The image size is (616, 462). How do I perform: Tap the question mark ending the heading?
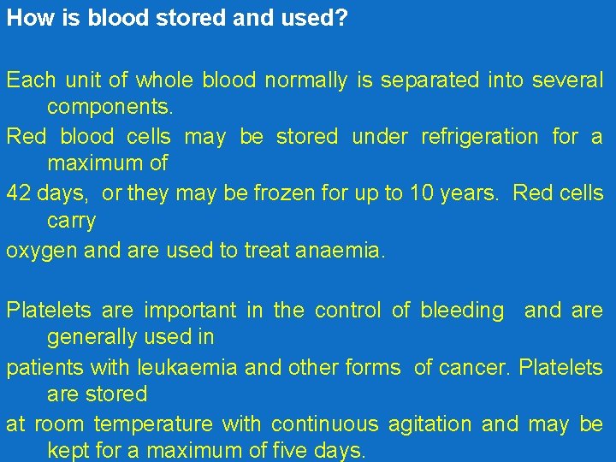pos(341,18)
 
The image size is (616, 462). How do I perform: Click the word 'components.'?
pos(110,108)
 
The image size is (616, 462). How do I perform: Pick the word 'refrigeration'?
pos(480,136)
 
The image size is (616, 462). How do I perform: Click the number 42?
pos(17,192)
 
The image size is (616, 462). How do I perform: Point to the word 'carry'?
pos(71,221)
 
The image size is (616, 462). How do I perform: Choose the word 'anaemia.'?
pos(343,251)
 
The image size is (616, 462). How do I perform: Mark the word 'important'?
pos(189,310)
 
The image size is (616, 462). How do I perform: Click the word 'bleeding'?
pos(462,310)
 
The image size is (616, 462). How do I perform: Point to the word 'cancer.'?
pos(480,368)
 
